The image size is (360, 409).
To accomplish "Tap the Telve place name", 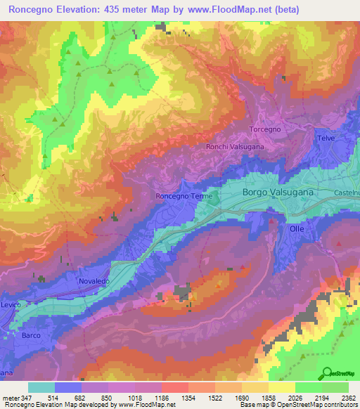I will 326,138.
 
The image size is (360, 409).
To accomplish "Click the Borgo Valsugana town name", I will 278,191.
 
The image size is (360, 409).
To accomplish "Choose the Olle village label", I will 297,229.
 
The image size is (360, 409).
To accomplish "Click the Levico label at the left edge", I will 11,304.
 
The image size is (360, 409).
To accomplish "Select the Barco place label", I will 32,335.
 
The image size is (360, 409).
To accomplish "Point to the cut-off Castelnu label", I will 347,192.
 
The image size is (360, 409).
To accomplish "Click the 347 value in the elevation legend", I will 27,398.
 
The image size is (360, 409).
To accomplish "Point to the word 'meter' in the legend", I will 11,398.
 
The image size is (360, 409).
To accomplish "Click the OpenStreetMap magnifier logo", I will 328,372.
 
